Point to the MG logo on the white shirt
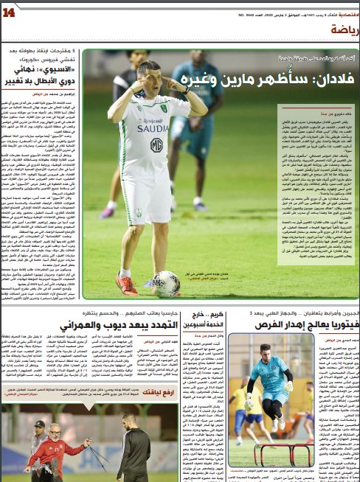pyautogui.click(x=156, y=145)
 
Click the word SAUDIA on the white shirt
pyautogui.click(x=153, y=128)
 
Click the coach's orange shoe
pyautogui.click(x=126, y=284)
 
